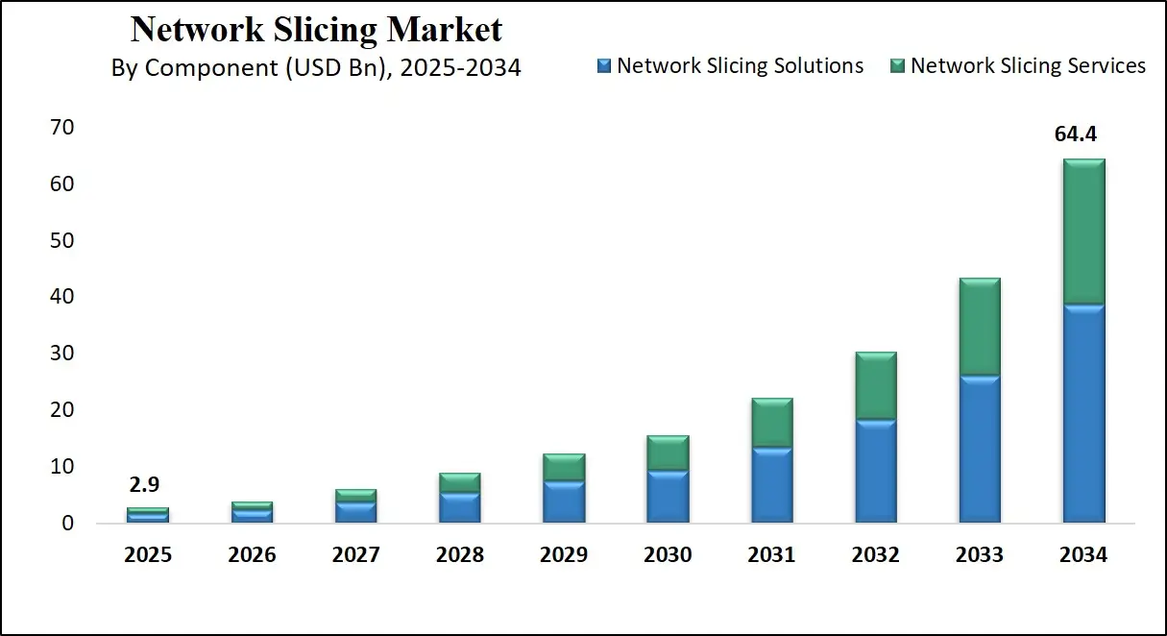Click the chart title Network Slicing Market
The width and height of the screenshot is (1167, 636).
click(316, 29)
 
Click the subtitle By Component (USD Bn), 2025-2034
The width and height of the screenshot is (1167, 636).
click(316, 68)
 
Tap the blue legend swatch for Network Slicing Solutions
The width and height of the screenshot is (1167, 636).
click(604, 66)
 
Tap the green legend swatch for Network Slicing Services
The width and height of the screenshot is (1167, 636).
click(898, 66)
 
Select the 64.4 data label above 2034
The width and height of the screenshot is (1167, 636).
click(1076, 135)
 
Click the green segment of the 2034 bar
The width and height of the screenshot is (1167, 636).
click(1083, 232)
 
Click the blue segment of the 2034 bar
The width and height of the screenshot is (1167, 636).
click(1083, 413)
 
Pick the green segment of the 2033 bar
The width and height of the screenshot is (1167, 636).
click(980, 327)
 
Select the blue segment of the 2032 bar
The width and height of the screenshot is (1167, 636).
click(876, 471)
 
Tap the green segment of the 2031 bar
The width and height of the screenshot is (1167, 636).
click(771, 423)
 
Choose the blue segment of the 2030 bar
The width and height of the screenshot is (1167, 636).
click(668, 496)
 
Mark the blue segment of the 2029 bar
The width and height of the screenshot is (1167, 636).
click(564, 501)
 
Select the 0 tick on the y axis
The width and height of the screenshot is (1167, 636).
click(67, 524)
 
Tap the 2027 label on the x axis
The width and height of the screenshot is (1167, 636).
click(356, 555)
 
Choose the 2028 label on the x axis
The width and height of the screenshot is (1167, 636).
click(460, 555)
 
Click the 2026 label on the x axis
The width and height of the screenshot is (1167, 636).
click(253, 555)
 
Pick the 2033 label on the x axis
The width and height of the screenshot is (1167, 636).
click(980, 555)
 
